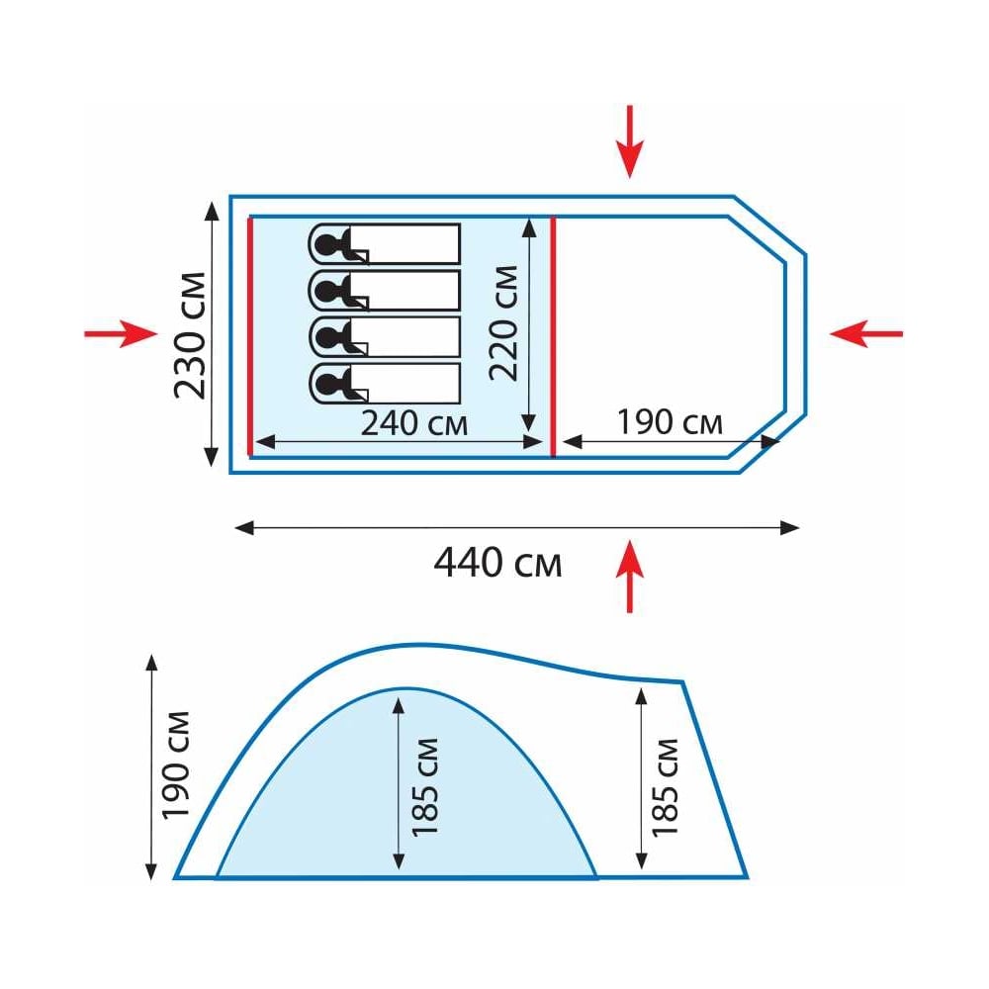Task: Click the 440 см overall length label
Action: [x=497, y=563]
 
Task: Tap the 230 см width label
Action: [x=191, y=335]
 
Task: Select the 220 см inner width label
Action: [x=504, y=323]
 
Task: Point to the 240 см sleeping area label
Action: [x=413, y=423]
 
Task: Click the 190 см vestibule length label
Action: [x=670, y=422]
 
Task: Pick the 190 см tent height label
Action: [x=176, y=765]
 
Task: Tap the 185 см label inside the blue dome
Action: [x=425, y=787]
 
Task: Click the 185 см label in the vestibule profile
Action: [x=665, y=787]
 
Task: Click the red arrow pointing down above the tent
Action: [x=629, y=141]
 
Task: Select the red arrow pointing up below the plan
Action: [x=629, y=576]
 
